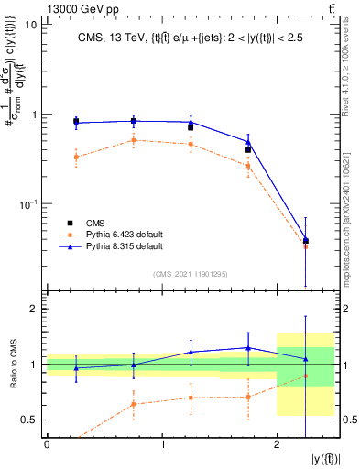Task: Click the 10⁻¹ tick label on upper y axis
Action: click(x=27, y=203)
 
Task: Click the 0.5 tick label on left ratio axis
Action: click(x=27, y=420)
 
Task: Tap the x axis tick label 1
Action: click(x=162, y=444)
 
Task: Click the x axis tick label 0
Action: click(x=47, y=444)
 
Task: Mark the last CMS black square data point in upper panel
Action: click(x=306, y=241)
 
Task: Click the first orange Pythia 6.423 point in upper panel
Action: click(x=76, y=157)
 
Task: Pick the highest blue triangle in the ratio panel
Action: click(x=248, y=347)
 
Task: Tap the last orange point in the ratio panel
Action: click(x=306, y=376)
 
